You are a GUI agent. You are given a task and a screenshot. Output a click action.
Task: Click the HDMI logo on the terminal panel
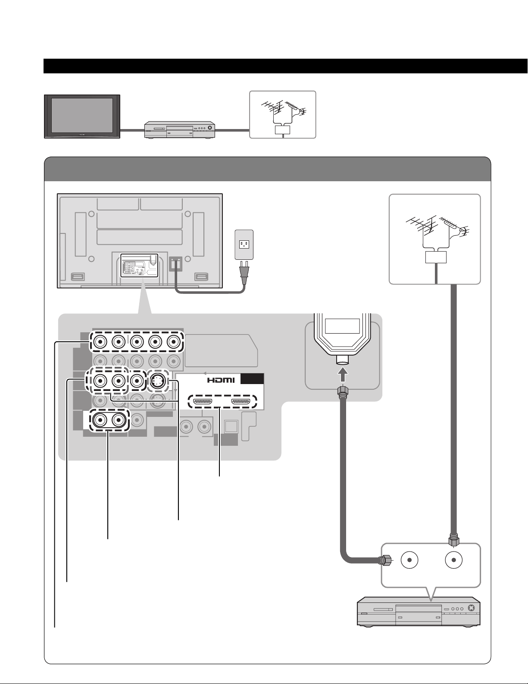coord(221,380)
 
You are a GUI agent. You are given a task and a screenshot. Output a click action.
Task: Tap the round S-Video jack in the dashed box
coord(157,381)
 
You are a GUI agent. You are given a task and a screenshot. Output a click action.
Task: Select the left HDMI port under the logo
coord(203,402)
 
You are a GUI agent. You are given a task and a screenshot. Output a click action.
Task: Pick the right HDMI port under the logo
coord(241,402)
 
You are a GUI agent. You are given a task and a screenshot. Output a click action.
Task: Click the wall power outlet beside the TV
coord(244,245)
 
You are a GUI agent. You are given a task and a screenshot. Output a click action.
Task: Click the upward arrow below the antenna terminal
coord(343,375)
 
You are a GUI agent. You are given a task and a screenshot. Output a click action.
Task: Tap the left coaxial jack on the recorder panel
coord(409,560)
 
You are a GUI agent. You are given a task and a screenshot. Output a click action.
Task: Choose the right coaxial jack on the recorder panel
coord(454,560)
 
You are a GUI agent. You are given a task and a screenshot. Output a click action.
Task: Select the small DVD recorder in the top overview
coord(179,130)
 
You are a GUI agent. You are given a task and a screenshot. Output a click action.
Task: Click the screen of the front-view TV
coord(82,115)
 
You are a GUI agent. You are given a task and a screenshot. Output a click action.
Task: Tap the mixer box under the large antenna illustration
coord(436,257)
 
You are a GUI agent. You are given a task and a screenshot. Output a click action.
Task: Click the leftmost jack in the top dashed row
coord(100,341)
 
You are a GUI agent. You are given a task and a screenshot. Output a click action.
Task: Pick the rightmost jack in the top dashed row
coord(173,341)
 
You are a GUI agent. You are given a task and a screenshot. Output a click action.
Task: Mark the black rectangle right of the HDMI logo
coord(252,379)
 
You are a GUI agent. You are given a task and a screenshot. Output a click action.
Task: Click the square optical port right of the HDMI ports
coord(231,427)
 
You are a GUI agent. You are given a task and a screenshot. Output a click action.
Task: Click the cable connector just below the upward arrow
coord(343,392)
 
